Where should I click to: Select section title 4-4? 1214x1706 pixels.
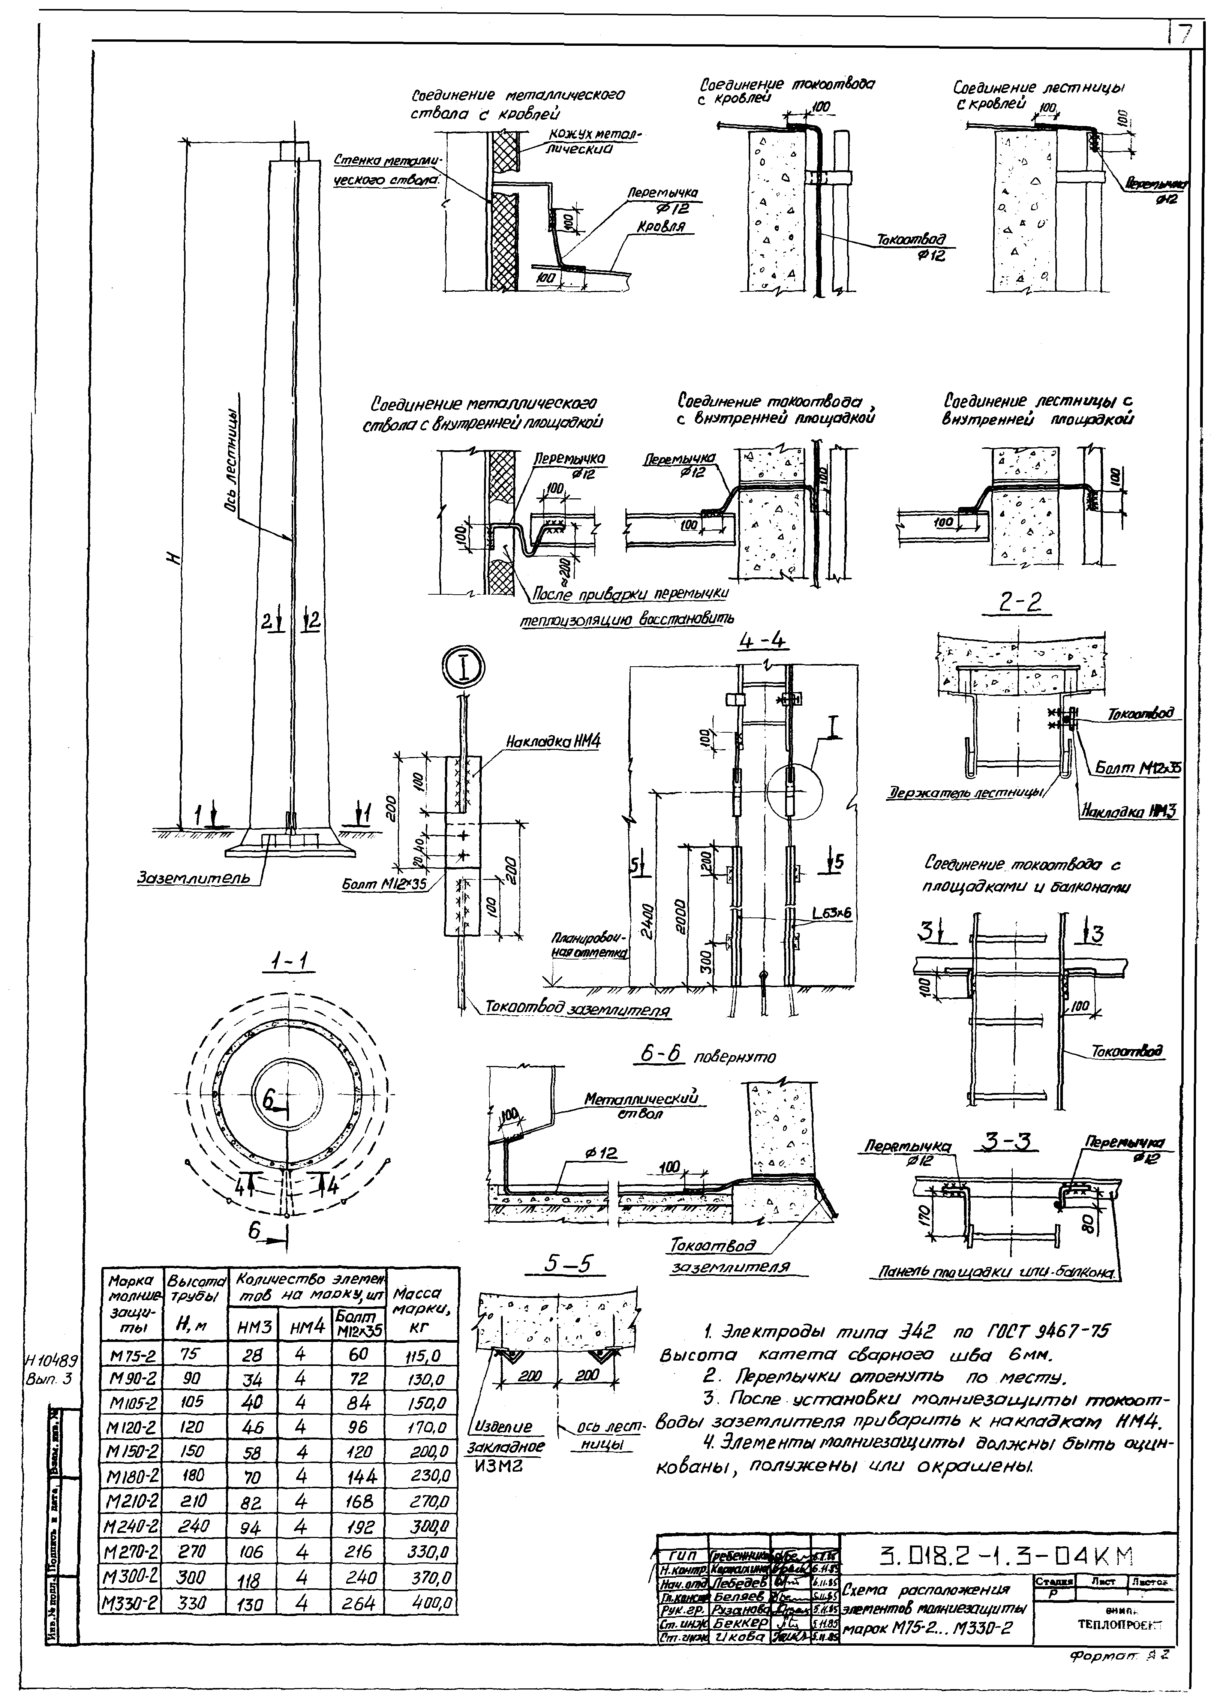763,641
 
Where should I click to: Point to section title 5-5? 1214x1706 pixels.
566,1264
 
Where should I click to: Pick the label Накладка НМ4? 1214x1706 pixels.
553,742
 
